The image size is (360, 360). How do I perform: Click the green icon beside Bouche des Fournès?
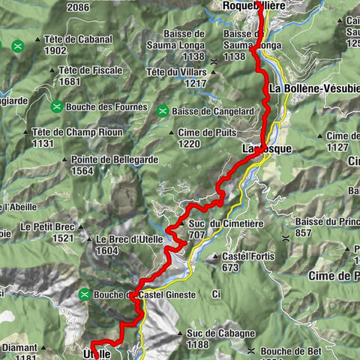(56, 106)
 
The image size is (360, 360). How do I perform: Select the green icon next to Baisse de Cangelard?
(161, 112)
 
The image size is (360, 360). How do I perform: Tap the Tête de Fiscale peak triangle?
(51, 70)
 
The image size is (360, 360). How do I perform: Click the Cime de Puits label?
(202, 132)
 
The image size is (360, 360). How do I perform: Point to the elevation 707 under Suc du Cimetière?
(197, 235)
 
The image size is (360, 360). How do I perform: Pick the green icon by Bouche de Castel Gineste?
(85, 294)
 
